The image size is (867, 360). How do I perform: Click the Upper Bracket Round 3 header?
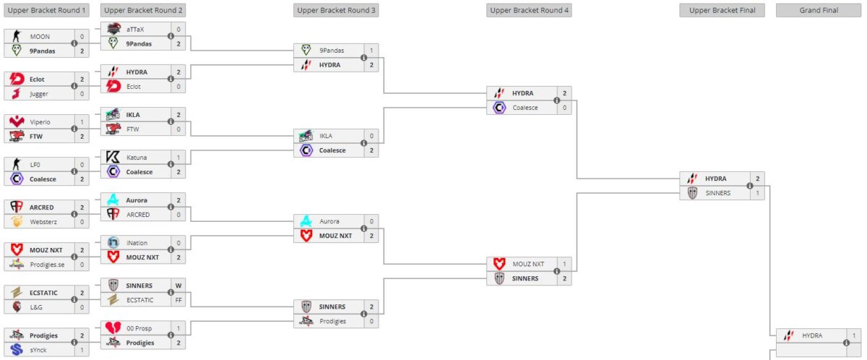[336, 10]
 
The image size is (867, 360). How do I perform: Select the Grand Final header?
[819, 10]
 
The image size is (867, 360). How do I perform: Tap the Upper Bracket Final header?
[722, 10]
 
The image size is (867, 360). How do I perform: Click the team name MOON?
[40, 36]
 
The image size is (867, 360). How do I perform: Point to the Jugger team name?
[39, 93]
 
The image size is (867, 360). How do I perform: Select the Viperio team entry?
[40, 121]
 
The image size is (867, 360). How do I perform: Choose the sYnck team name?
[39, 350]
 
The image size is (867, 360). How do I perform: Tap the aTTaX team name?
[135, 29]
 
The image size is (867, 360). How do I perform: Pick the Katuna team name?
[137, 157]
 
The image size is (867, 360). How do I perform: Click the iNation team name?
[137, 243]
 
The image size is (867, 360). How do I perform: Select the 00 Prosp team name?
[139, 328]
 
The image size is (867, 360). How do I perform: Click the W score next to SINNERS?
[178, 286]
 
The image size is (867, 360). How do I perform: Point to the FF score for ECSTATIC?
[178, 299]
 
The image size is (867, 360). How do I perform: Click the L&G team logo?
[17, 307]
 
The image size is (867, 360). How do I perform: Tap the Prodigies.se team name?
[47, 265]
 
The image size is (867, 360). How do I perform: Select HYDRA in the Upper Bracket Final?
[715, 179]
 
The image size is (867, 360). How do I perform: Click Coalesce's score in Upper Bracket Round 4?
[564, 108]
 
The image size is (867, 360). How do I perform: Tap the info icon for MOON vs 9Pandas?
[74, 43]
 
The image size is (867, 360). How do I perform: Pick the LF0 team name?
[35, 164]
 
